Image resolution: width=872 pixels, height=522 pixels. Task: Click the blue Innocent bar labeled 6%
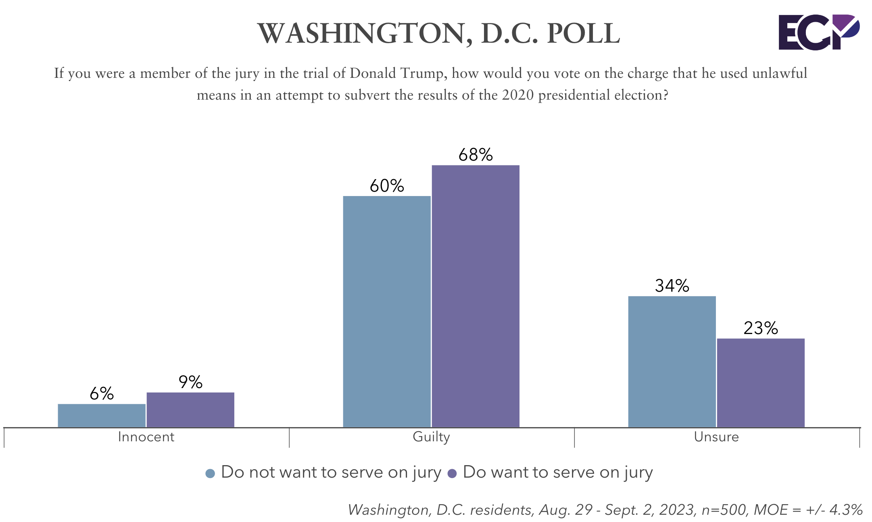click(102, 415)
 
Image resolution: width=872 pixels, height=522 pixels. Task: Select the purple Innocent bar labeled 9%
click(190, 409)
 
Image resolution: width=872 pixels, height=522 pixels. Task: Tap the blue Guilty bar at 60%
click(387, 311)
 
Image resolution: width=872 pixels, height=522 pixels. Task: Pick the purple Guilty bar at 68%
click(476, 296)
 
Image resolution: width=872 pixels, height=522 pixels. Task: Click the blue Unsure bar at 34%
click(672, 361)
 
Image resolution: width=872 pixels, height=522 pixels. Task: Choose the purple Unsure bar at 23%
click(761, 382)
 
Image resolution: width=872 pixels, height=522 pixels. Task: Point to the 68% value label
click(476, 155)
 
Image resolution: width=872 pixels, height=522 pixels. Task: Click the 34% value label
click(672, 286)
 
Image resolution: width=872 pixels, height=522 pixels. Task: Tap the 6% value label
click(102, 394)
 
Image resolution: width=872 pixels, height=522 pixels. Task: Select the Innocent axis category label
click(146, 437)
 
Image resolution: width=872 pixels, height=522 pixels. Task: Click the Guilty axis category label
click(431, 437)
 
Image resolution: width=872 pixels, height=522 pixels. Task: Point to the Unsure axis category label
click(716, 437)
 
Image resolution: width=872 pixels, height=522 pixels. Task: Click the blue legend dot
click(210, 474)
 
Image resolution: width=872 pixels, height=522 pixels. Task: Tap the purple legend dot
click(452, 474)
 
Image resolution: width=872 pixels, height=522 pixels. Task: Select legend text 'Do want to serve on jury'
click(558, 472)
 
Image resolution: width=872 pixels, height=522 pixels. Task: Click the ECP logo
click(819, 32)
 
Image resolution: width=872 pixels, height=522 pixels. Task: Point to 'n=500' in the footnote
click(724, 510)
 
